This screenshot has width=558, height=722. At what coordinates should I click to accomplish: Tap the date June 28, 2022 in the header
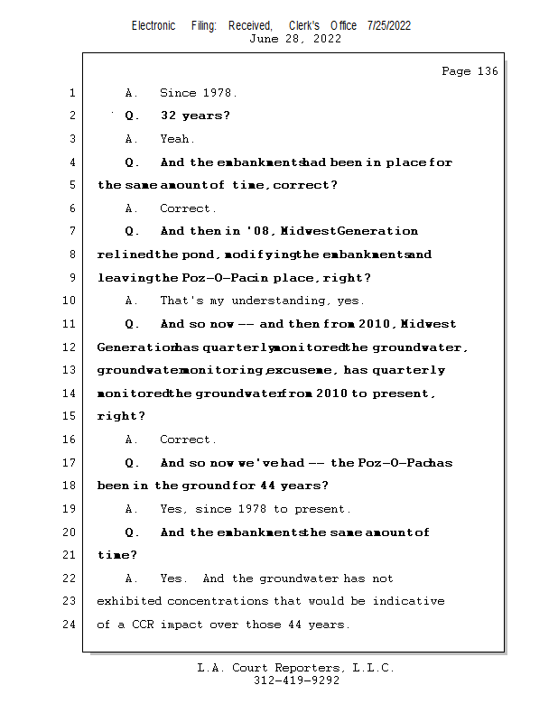pyautogui.click(x=294, y=39)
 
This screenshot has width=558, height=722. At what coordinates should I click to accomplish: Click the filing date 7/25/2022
pyautogui.click(x=389, y=25)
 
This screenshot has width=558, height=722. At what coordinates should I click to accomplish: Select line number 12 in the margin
pyautogui.click(x=71, y=347)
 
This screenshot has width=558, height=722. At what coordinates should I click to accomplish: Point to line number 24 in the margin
pyautogui.click(x=71, y=625)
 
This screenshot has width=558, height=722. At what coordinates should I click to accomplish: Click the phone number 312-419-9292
pyautogui.click(x=296, y=681)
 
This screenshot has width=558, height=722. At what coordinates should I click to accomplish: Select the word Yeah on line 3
pyautogui.click(x=175, y=139)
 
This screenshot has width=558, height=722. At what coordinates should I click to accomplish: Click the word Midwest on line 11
pyautogui.click(x=429, y=324)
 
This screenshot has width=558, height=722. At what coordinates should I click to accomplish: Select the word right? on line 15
pyautogui.click(x=121, y=416)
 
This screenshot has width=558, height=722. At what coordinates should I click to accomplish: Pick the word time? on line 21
pyautogui.click(x=117, y=555)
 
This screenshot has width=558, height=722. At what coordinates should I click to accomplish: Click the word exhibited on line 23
pyautogui.click(x=129, y=601)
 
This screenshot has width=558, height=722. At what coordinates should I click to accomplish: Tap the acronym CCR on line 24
pyautogui.click(x=144, y=625)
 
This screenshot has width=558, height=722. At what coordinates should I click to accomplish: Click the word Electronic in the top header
pyautogui.click(x=153, y=25)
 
